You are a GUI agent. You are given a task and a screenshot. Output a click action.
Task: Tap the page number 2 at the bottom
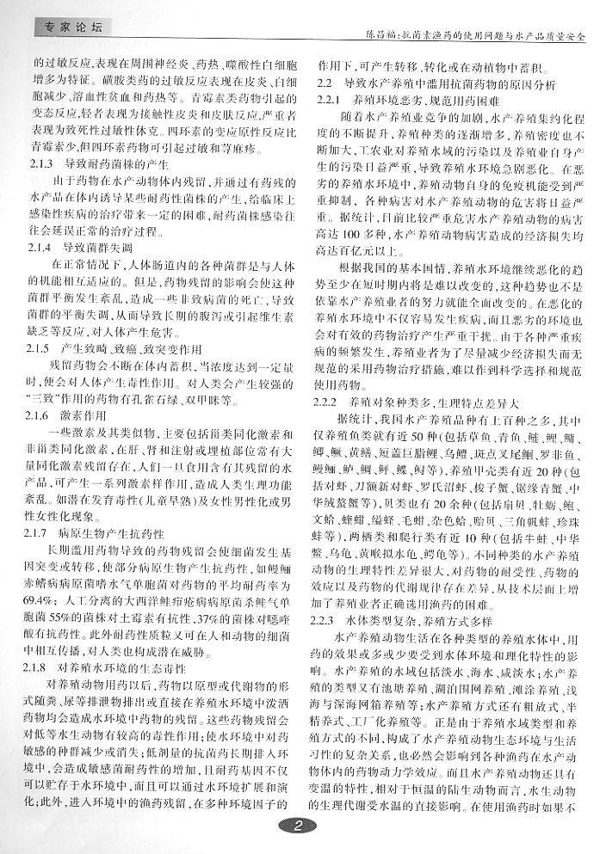[x=299, y=830]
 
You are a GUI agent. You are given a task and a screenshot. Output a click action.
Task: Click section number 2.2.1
[x=331, y=101]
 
